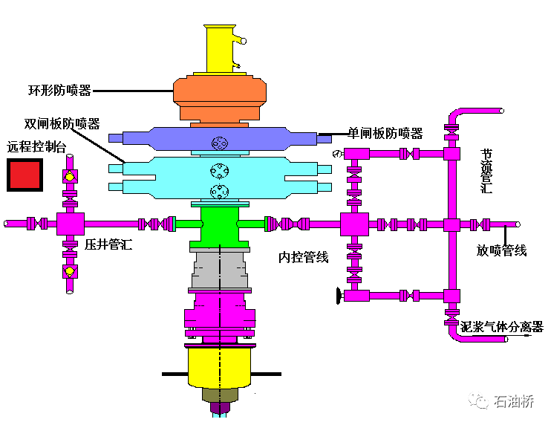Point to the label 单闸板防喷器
coord(385,134)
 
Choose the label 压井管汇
coord(108,244)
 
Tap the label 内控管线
coord(303,258)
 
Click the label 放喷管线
coord(501,250)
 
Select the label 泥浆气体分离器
coord(502,327)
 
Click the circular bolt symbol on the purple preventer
coord(220,142)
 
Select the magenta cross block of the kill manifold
coord(69,223)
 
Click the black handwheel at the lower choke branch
coord(339,296)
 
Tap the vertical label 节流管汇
coord(486,171)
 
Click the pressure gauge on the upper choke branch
coord(337,154)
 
